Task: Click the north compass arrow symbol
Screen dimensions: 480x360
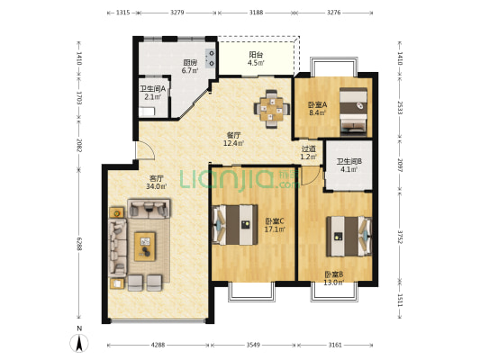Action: click(79, 343)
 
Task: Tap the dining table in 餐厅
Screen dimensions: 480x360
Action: click(272, 109)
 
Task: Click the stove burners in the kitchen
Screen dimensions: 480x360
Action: click(212, 58)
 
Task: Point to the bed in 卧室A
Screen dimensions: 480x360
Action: click(353, 112)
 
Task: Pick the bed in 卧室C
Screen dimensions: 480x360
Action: click(235, 224)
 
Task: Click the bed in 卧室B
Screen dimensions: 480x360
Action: click(349, 236)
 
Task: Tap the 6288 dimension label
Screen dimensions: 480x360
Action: click(79, 244)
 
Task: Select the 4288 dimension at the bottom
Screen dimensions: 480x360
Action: click(158, 345)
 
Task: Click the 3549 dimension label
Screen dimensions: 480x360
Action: click(253, 345)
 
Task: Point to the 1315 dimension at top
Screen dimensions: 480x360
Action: click(123, 13)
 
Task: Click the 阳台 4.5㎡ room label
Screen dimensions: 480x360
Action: click(256, 59)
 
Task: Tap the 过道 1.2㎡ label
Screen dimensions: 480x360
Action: click(309, 153)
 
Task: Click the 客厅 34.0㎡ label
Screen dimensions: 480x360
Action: click(156, 183)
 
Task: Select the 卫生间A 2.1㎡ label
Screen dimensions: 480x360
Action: click(153, 93)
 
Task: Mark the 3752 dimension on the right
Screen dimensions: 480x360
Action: click(400, 237)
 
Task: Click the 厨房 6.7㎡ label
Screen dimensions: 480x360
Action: click(190, 67)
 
